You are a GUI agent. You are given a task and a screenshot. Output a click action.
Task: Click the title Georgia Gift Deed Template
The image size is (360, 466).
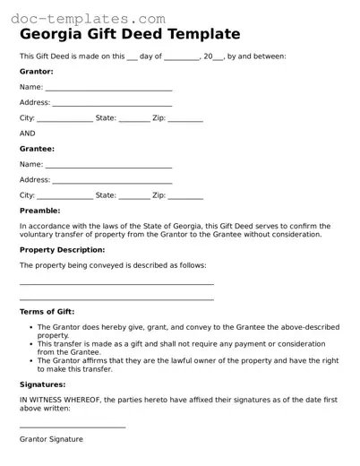(130, 35)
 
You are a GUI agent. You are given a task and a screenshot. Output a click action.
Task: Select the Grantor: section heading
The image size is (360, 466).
(36, 71)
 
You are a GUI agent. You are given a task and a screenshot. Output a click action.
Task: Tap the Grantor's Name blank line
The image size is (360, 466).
(108, 89)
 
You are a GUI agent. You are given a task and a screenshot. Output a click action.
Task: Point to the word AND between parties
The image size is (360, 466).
(28, 134)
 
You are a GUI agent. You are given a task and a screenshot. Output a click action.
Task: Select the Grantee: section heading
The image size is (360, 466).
(37, 149)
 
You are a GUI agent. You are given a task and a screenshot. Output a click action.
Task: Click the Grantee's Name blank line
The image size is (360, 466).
(108, 166)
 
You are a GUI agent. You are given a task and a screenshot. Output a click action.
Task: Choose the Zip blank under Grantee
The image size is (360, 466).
(186, 196)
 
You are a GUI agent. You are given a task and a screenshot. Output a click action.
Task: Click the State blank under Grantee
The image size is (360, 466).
(133, 196)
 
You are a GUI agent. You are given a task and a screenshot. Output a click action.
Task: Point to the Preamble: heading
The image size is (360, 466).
(39, 211)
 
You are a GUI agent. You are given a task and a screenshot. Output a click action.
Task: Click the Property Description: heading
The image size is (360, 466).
(62, 250)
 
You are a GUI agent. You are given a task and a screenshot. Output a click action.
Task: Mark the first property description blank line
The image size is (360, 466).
(116, 283)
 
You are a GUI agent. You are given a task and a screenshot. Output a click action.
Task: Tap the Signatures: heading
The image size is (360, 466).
(42, 384)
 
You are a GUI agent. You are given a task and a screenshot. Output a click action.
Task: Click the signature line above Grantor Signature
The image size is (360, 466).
(73, 427)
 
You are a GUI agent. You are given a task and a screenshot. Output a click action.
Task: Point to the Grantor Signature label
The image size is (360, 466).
(51, 440)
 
